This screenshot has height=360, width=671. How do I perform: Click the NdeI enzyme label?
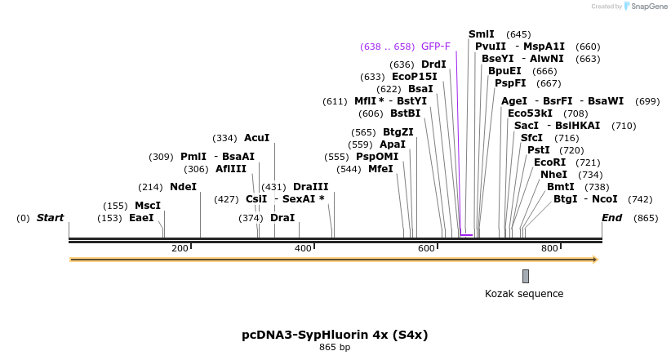pos(183,187)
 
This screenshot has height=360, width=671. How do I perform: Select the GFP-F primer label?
pos(436,47)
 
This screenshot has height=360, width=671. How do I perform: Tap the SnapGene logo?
pos(647,7)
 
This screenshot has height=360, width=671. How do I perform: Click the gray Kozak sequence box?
pos(526,276)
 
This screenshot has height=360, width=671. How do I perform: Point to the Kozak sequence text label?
pos(524,294)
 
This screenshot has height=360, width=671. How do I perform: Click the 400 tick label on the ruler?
pos(303,248)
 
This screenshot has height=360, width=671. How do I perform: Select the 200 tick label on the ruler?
pos(180,248)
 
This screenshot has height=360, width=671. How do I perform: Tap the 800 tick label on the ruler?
pos(549,248)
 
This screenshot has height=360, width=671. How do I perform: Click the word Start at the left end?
pos(50,218)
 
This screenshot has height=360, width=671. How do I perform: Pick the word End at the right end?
pos(611,218)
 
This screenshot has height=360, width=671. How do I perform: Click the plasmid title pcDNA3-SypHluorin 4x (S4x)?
pos(335,335)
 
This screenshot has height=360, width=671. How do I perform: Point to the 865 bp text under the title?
pos(335,348)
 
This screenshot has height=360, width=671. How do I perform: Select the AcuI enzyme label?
pos(256,139)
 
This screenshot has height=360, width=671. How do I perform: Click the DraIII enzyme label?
pos(310,187)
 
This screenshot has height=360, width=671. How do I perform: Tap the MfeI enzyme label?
pos(380,169)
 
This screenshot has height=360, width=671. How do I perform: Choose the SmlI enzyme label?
pos(481,34)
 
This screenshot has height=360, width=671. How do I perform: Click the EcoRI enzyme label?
pos(549,162)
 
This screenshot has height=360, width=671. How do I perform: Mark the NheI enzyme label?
pos(553,175)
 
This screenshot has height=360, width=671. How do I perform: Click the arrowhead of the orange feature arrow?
pos(595,260)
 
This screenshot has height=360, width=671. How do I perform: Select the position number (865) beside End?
pos(646,219)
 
